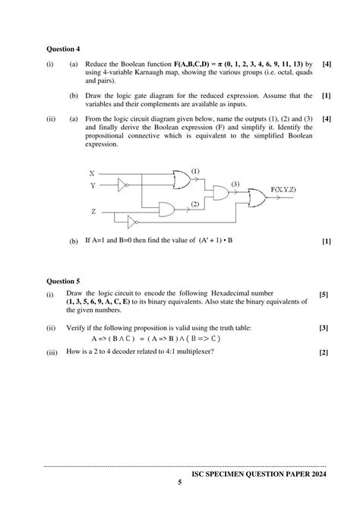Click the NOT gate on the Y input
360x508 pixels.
pyautogui.click(x=123, y=185)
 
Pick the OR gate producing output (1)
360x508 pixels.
pyautogui.click(x=182, y=179)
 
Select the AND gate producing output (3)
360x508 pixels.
pyautogui.click(x=222, y=193)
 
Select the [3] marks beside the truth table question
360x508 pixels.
pyautogui.click(x=324, y=327)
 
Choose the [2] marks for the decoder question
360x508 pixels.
pyautogui.click(x=324, y=353)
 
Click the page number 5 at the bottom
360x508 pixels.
pyautogui.click(x=180, y=483)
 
